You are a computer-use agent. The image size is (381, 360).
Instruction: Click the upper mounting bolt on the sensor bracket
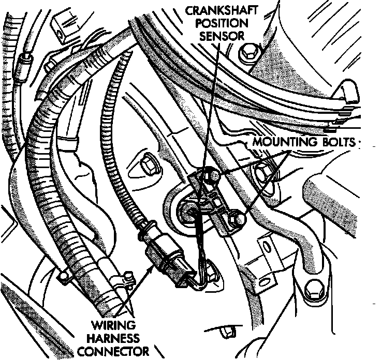[x=210, y=177]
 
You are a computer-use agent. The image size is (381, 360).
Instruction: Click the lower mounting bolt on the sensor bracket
[x=236, y=220]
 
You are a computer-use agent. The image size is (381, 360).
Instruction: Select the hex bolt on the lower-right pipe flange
[x=313, y=290]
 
